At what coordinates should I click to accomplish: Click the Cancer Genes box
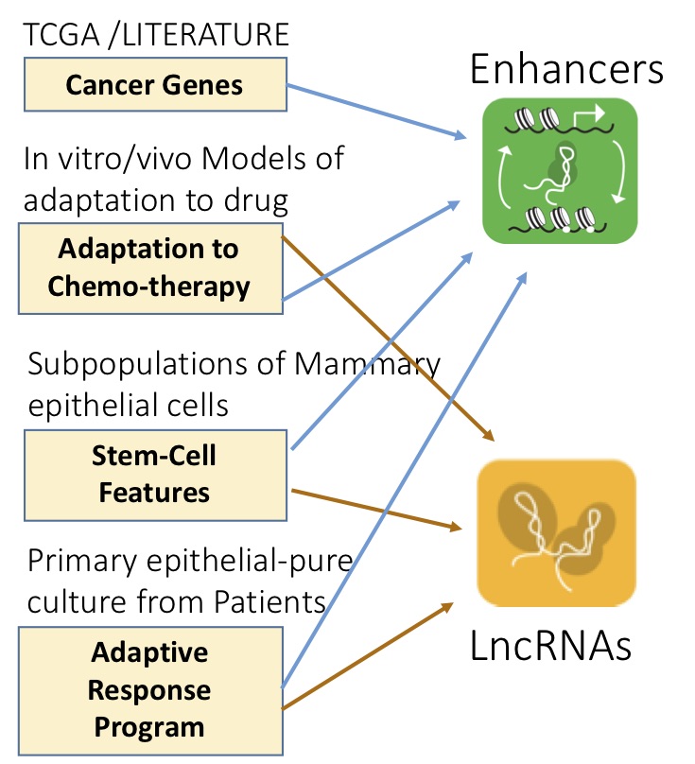[154, 85]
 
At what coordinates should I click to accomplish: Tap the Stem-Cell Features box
[154, 474]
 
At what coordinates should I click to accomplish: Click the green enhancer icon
[560, 171]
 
